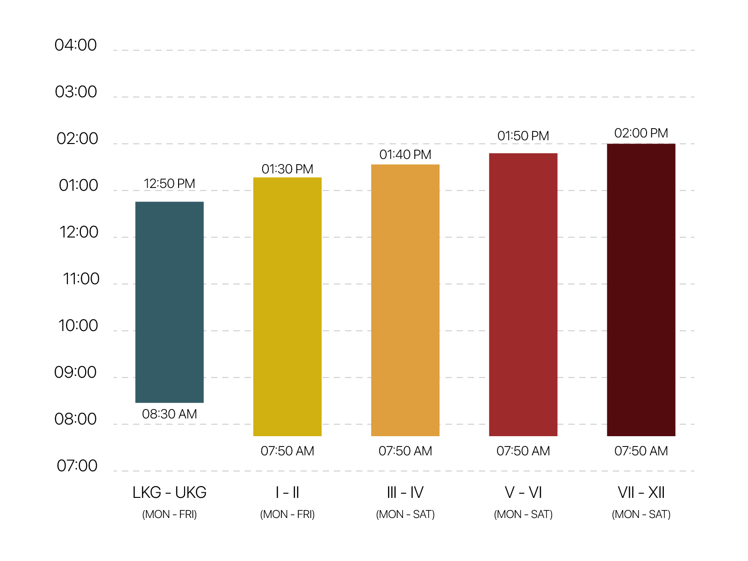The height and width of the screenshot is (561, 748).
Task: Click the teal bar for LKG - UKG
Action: click(x=169, y=302)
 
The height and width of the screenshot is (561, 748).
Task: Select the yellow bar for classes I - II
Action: click(x=287, y=307)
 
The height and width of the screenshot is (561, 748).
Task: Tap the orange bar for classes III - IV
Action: click(x=405, y=300)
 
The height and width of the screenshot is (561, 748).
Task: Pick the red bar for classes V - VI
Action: click(x=523, y=295)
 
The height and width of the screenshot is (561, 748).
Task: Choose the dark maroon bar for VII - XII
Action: click(x=641, y=290)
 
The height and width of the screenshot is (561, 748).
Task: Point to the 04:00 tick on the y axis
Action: click(x=76, y=45)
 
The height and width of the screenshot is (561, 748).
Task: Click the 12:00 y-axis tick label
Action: click(x=79, y=232)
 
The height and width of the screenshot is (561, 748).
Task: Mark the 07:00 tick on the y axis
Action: click(x=77, y=466)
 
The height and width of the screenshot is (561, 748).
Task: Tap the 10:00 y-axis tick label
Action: click(x=79, y=325)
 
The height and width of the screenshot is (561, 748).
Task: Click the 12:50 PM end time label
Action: click(x=169, y=184)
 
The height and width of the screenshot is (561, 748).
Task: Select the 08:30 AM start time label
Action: click(x=169, y=414)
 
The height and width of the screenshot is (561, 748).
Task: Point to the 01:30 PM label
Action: click(x=287, y=169)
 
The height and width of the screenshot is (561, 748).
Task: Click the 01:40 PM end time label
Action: click(x=405, y=155)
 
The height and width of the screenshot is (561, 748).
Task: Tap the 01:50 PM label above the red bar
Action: click(x=523, y=136)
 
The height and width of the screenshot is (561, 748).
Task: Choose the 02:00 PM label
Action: click(x=641, y=133)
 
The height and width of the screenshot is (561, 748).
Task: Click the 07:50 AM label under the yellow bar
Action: click(x=287, y=451)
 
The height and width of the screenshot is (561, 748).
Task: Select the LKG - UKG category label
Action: click(x=169, y=493)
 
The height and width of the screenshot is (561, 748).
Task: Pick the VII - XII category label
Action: click(x=641, y=493)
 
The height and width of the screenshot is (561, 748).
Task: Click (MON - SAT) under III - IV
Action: click(x=405, y=514)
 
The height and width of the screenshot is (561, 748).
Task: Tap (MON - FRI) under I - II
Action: click(x=287, y=514)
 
